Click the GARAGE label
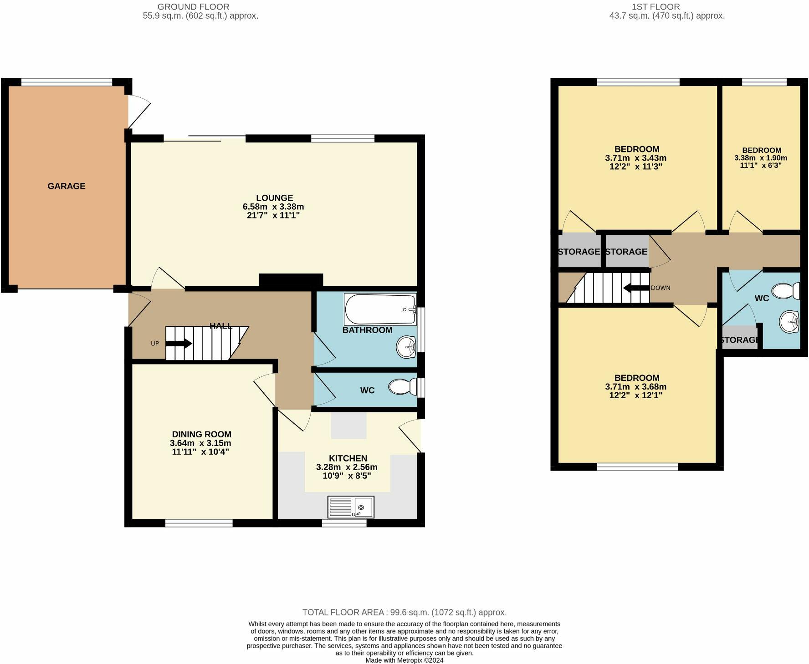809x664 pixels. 67,186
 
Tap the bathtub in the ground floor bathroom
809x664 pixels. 380,309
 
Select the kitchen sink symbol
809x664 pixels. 351,507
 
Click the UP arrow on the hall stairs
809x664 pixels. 179,344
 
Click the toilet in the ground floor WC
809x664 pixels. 403,387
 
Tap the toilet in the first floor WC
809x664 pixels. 786,291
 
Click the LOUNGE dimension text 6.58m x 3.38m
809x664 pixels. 273,207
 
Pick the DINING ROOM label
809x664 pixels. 201,435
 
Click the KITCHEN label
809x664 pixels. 348,458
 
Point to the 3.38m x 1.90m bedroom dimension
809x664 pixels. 761,158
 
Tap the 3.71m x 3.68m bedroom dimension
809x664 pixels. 636,387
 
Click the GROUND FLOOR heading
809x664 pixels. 193,7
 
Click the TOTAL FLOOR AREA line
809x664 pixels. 404,613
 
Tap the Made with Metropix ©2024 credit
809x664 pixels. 404,660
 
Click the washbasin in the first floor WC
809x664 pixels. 789,322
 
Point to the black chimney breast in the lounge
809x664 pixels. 291,280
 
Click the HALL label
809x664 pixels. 221,326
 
